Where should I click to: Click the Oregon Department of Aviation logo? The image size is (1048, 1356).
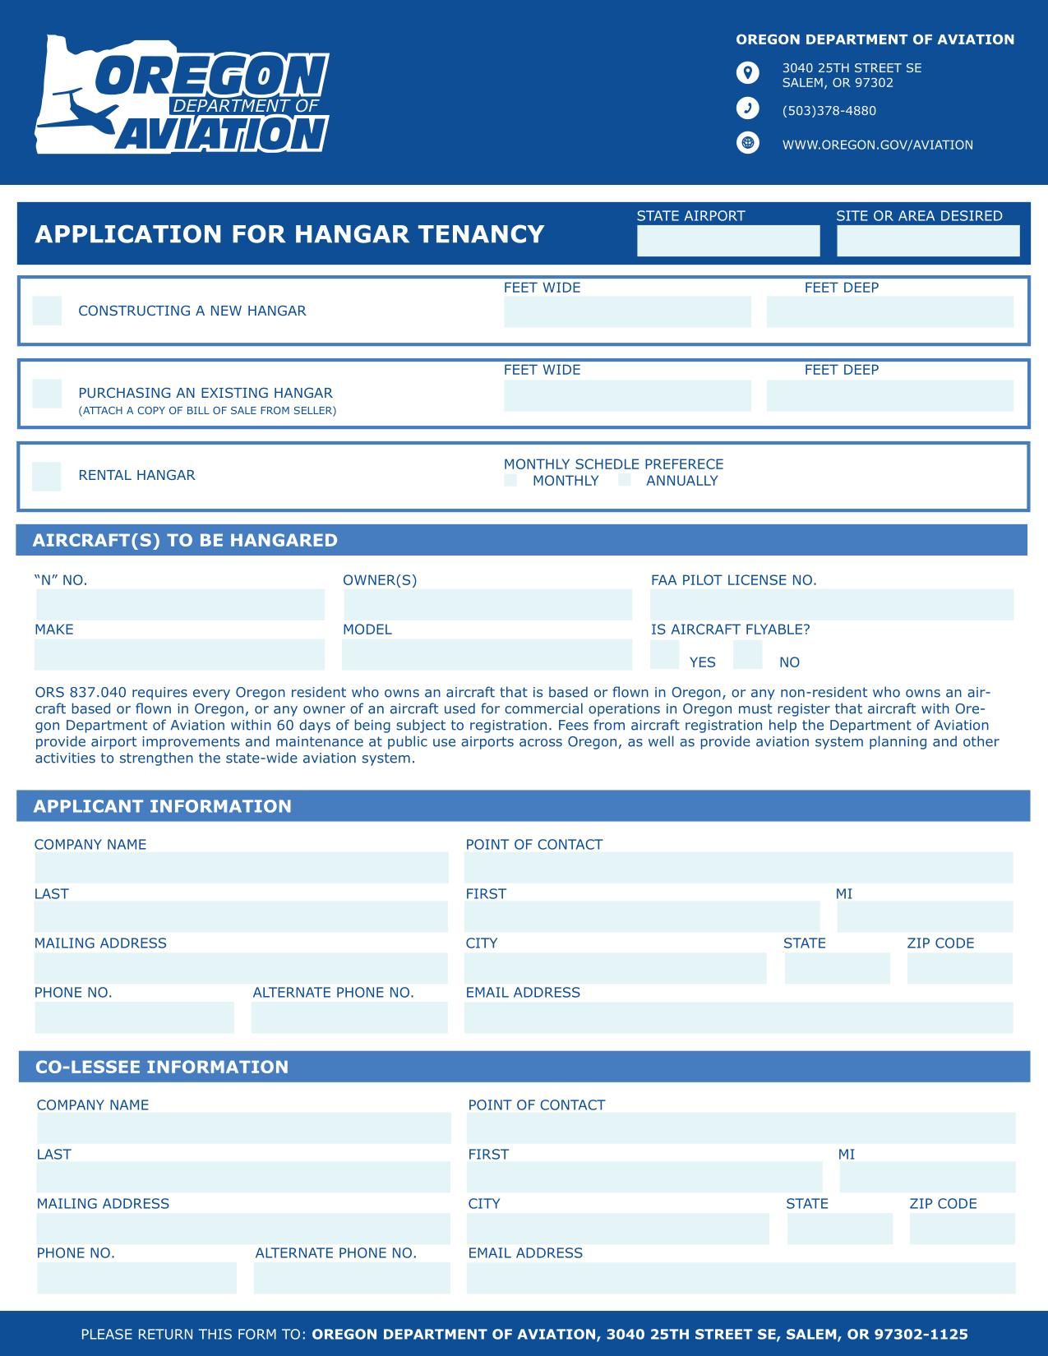pos(182,95)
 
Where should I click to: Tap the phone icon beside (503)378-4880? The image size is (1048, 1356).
pos(747,108)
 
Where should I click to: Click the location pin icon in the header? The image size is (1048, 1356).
pos(747,73)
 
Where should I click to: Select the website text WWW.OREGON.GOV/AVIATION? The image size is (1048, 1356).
pos(877,145)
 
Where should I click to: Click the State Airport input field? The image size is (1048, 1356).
pos(728,241)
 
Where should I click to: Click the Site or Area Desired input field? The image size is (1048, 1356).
pos(928,241)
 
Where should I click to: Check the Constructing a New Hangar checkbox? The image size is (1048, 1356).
pos(47,311)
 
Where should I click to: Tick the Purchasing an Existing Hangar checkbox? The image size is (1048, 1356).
pos(47,394)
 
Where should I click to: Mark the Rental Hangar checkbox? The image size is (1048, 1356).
pos(47,476)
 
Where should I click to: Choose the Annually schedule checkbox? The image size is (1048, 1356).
pos(625,480)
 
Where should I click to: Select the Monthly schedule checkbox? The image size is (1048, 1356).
pos(510,480)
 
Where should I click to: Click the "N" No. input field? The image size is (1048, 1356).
pos(180,605)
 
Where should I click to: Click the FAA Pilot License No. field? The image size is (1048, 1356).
pos(832,605)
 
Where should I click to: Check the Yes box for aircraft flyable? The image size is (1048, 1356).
pos(664,655)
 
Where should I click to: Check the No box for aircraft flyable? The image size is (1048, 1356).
pos(747,655)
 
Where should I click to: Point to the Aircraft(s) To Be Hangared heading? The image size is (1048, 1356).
pos(185,540)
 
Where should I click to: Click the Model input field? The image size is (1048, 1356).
pos(487,655)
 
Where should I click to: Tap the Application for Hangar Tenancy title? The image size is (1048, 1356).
pos(289,234)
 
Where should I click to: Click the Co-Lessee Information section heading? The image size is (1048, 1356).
pos(162,1067)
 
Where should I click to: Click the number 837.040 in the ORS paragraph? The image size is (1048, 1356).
pos(98,692)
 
